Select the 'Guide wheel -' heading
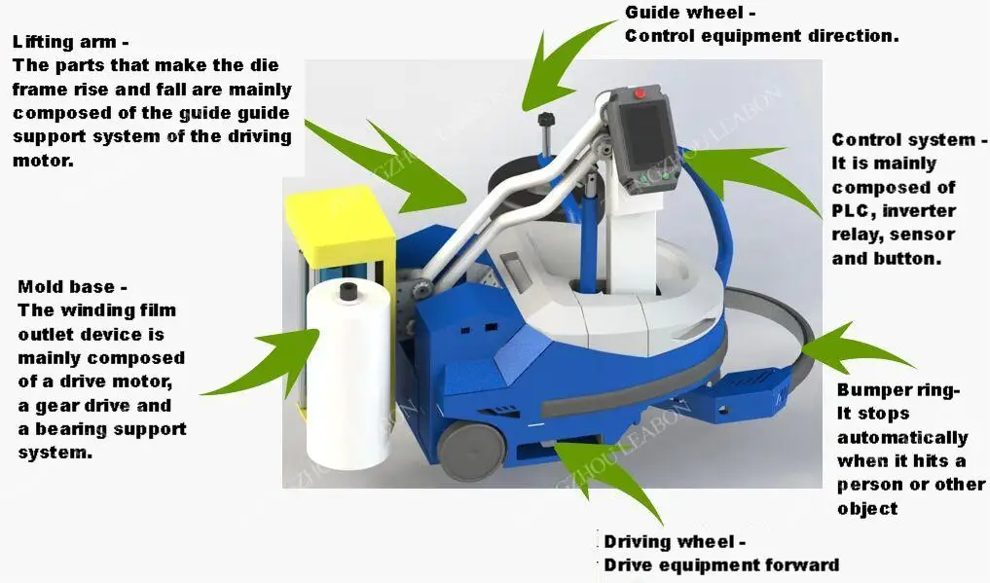tap(689, 13)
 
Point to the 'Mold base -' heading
tap(73, 287)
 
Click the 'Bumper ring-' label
tap(898, 391)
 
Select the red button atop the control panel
tap(640, 94)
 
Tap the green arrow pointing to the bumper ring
tap(857, 346)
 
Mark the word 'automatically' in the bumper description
tap(902, 438)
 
